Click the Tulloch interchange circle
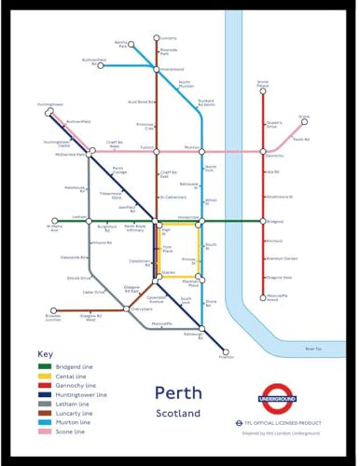(x=156, y=149)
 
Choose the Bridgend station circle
(x=263, y=221)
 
